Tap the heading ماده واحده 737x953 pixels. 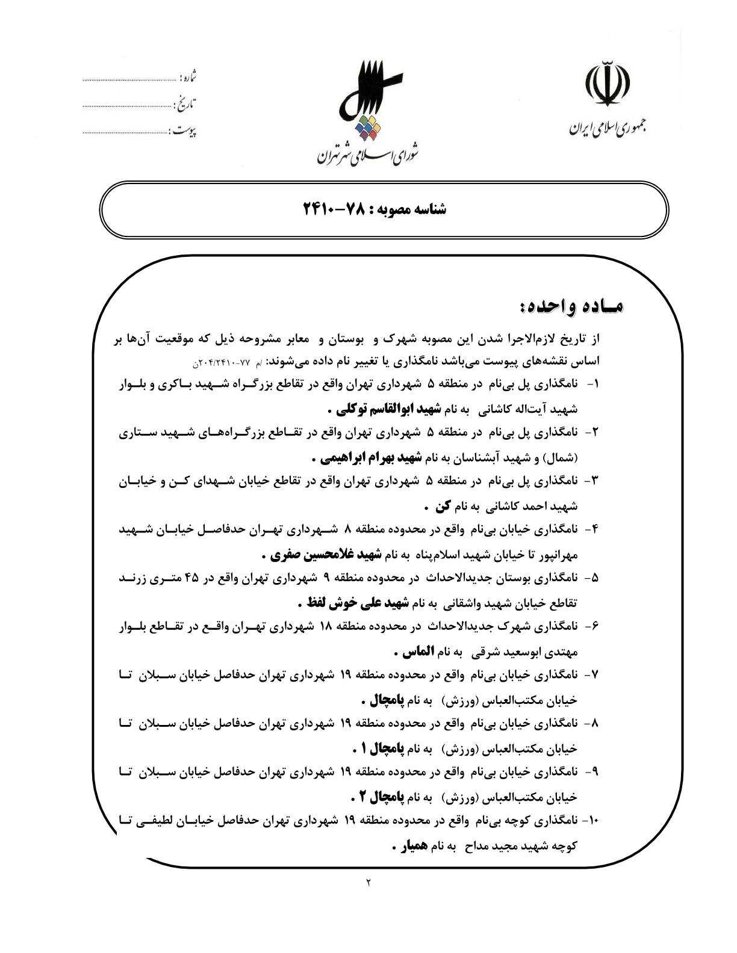point(572,308)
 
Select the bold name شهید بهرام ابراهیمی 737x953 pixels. point(373,458)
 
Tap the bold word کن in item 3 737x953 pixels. point(444,506)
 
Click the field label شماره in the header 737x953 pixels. point(189,78)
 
